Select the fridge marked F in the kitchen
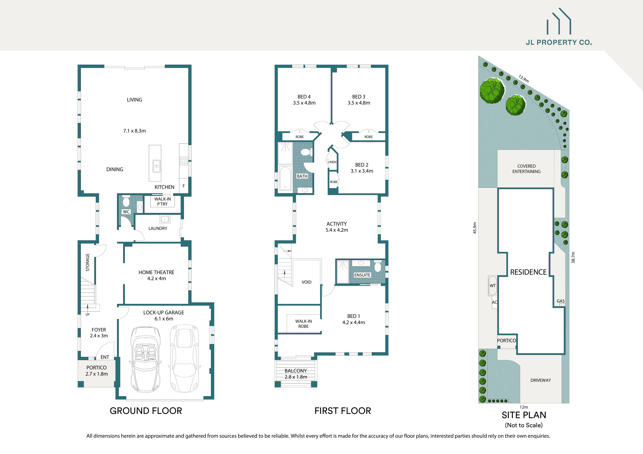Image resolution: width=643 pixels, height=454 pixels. point(184,186)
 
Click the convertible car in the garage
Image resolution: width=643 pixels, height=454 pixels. point(146,360)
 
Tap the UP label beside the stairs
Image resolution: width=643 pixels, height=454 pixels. point(87,314)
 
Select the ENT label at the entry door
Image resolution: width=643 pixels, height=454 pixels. point(105,357)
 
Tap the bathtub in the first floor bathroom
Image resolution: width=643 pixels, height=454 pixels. point(285,179)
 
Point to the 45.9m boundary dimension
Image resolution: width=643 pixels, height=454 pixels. point(475,228)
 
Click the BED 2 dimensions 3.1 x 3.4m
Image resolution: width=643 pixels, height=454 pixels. point(362,171)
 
